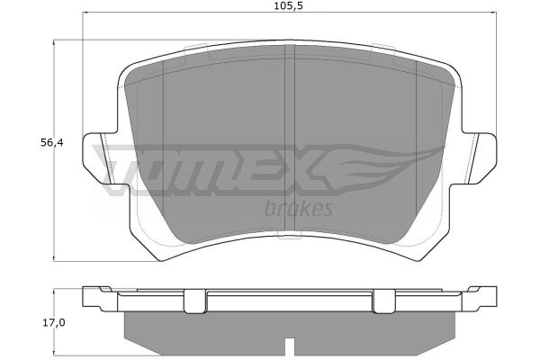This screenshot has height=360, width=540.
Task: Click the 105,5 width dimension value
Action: pos(289,5)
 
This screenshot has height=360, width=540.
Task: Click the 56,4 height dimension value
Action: pos(52,142)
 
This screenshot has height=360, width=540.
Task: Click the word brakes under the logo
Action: pos(299,209)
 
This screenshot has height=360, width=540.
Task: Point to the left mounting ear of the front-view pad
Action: pos(100,158)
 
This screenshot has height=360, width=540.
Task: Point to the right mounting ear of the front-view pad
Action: pos(480,158)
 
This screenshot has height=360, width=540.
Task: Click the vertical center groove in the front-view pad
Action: pos(291,138)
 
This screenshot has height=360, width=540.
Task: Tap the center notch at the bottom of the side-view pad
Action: pos(291,346)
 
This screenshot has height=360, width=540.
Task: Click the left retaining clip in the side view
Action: pos(195,301)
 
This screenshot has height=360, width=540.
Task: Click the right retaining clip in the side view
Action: pos(384,301)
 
